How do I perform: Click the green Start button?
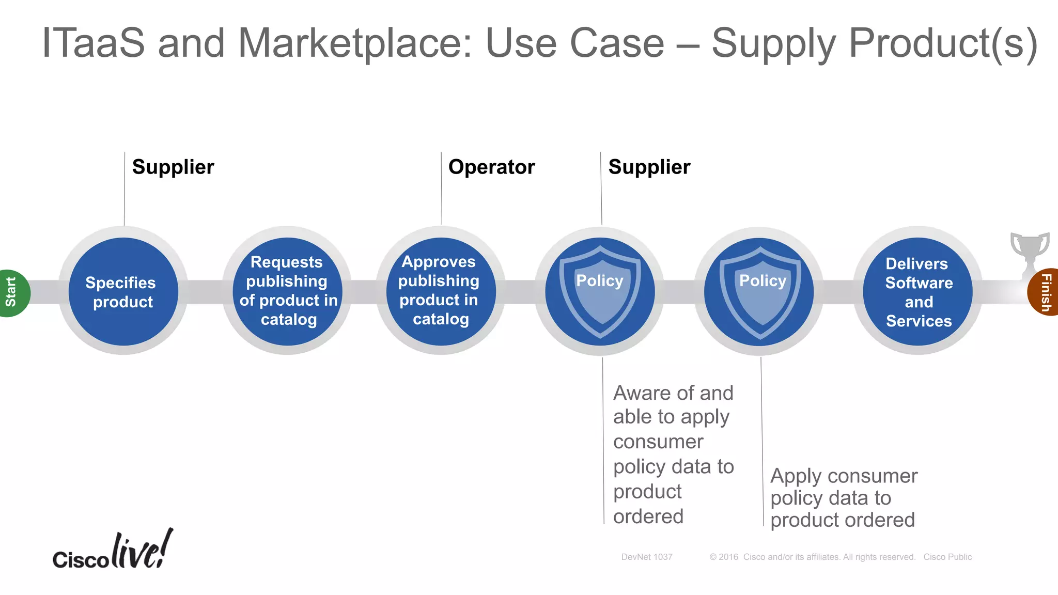point(12,292)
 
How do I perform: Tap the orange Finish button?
point(1045,292)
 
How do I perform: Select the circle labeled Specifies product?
point(123,292)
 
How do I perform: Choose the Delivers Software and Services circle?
point(917,292)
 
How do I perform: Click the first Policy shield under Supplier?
point(600,292)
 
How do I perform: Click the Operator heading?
point(491,167)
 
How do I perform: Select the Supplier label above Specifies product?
point(173,167)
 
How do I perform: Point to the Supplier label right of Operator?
point(649,167)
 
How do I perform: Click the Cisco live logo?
point(113,551)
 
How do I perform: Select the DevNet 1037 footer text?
point(646,557)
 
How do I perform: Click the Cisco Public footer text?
point(947,557)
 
